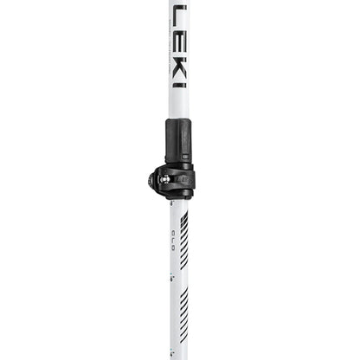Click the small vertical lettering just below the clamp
click(x=173, y=232)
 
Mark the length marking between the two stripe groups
click(x=173, y=293)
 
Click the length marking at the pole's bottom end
click(x=173, y=353)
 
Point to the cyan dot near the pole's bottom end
click(x=172, y=346)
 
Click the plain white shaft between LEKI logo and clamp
click(x=178, y=104)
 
